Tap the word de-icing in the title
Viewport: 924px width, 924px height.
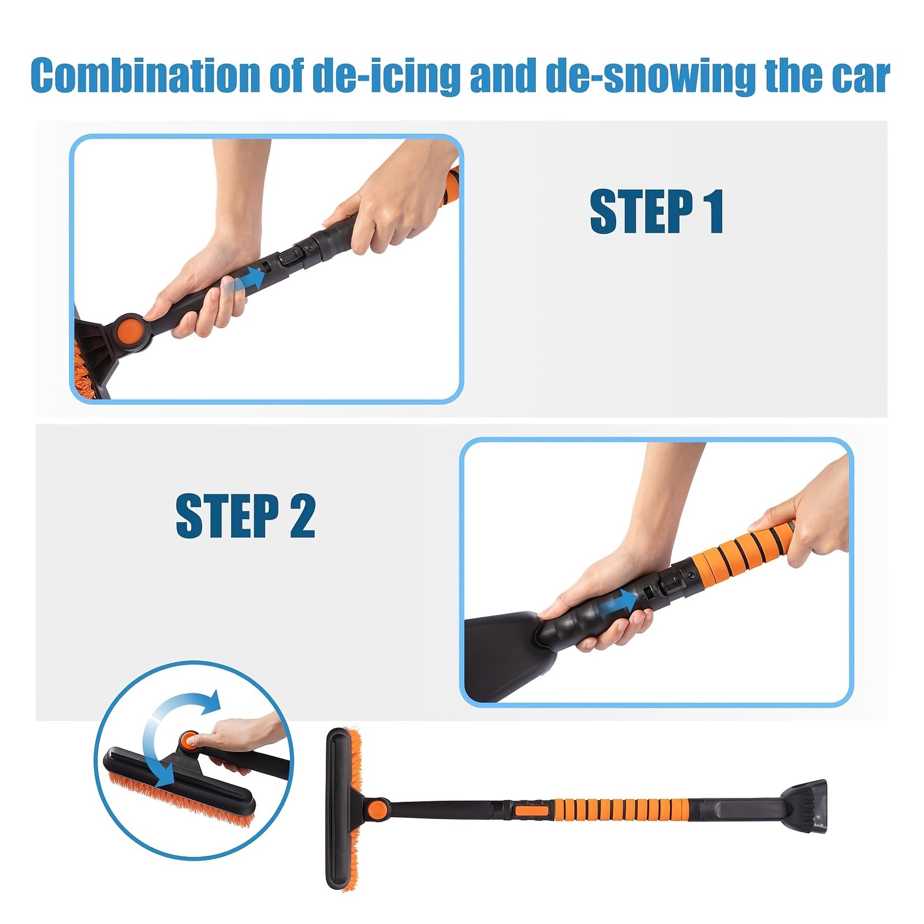click(x=386, y=76)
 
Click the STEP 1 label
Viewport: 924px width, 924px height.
click(x=657, y=211)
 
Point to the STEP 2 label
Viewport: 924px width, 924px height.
click(x=245, y=516)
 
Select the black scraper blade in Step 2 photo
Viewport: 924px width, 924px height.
click(x=508, y=653)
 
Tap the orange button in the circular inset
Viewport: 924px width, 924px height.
click(x=188, y=739)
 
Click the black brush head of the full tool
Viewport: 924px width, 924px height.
click(x=338, y=808)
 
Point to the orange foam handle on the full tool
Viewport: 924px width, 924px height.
click(x=621, y=809)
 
